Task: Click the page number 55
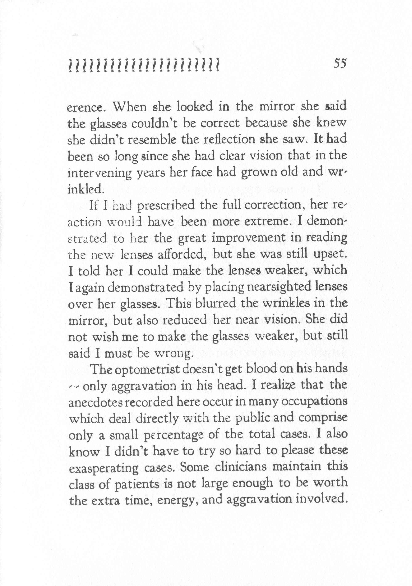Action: pyautogui.click(x=340, y=63)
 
